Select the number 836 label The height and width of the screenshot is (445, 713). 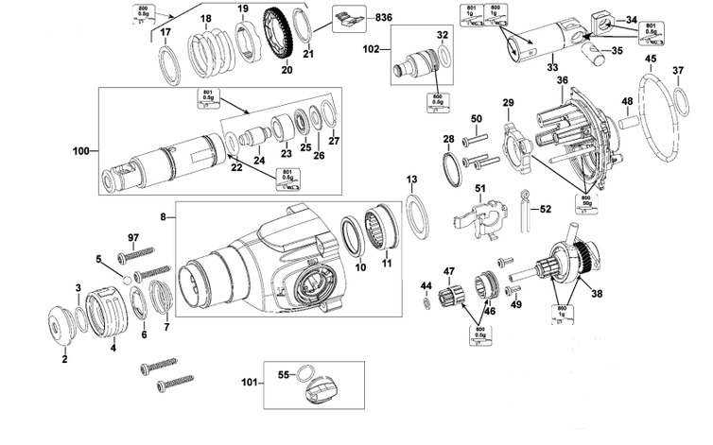coord(357,18)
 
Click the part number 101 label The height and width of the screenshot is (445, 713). coord(248,384)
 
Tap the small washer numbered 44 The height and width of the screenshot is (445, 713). coord(426,302)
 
